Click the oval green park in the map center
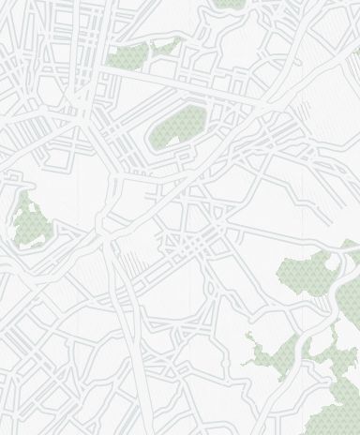[178, 127]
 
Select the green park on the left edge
[31, 221]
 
